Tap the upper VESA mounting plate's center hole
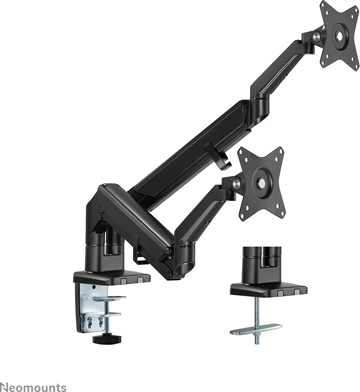click(x=340, y=35)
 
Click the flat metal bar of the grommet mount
click(x=256, y=329)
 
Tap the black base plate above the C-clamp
click(x=111, y=277)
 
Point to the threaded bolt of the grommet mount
click(x=256, y=317)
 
